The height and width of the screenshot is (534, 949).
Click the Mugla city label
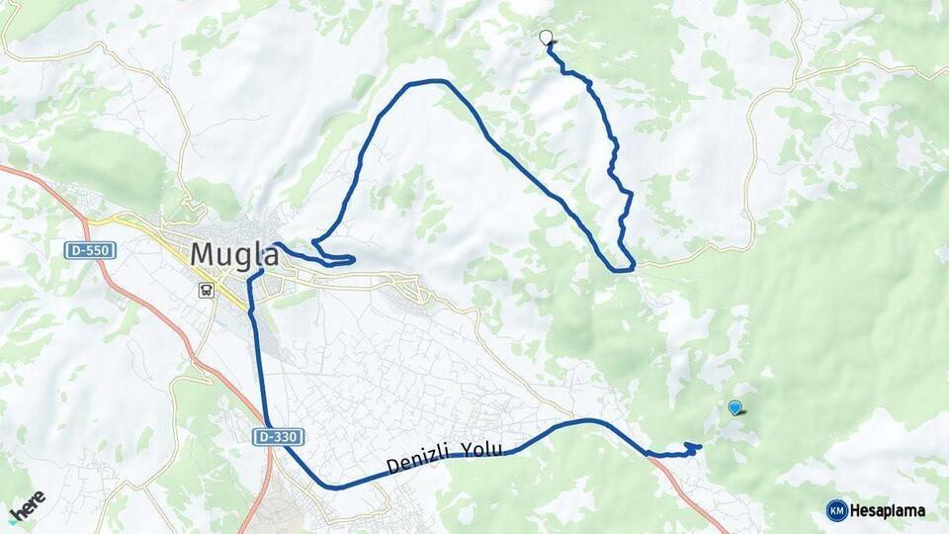coord(233,254)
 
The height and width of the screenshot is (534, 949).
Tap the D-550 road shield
coord(86,251)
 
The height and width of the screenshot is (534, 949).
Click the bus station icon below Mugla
coord(207,291)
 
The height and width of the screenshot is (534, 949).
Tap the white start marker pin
coord(546,38)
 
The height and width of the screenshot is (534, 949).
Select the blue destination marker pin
coord(734,406)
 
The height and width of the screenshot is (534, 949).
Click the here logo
coord(28,504)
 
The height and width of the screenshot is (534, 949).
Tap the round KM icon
coord(836,510)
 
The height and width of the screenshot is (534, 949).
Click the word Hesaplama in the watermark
coord(888,511)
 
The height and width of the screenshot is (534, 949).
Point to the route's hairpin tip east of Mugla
coord(352,260)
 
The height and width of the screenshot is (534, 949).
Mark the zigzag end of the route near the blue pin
coord(696,447)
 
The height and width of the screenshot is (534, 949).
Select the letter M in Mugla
coord(202,254)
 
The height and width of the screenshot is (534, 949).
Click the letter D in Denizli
coord(393,465)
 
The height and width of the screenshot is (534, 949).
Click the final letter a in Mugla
coord(267,254)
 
